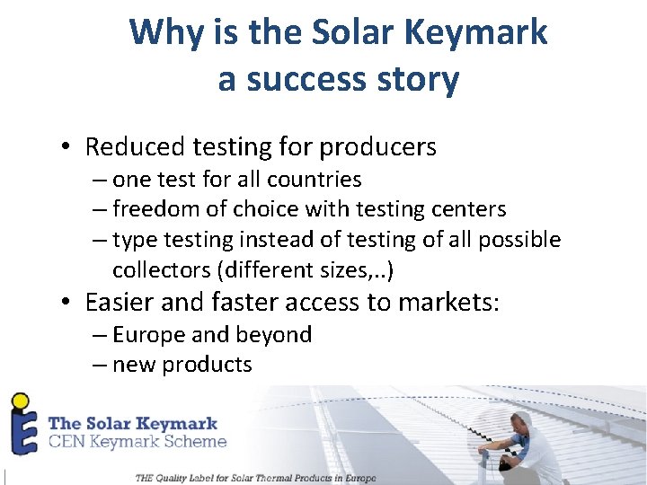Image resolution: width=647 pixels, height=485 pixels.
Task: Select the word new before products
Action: coord(137,365)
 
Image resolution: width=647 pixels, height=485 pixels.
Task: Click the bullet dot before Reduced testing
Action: coord(67,147)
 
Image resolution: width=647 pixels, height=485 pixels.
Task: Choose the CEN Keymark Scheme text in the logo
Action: coord(137,442)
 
